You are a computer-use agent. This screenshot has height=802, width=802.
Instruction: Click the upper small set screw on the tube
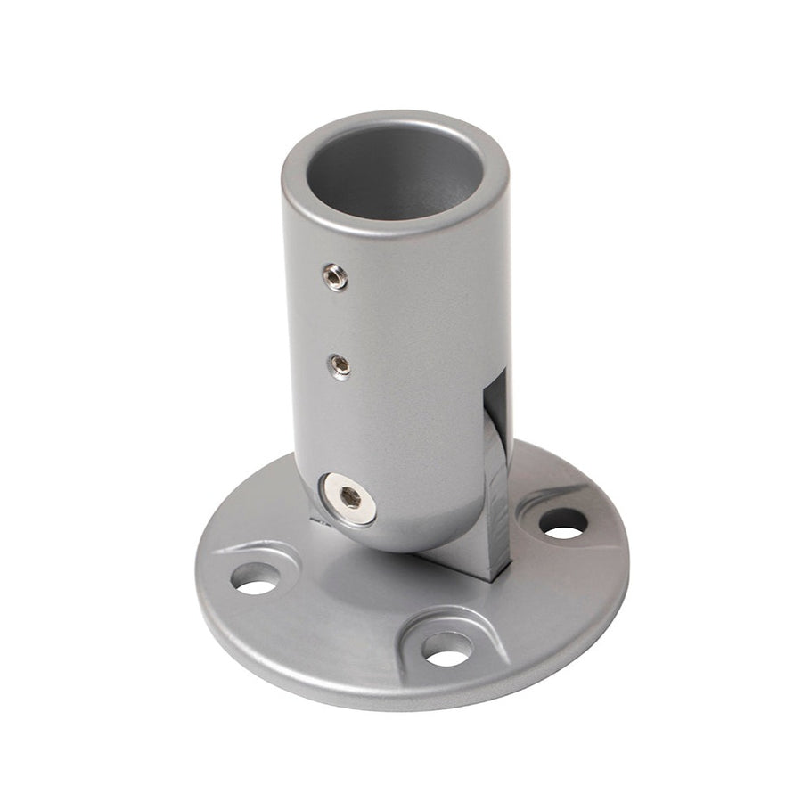tap(336, 277)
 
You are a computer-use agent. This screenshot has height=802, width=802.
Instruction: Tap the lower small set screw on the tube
tap(339, 365)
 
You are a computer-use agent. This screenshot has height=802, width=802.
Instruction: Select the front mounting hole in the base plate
tap(446, 649)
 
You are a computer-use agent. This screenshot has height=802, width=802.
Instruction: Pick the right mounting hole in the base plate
tap(563, 524)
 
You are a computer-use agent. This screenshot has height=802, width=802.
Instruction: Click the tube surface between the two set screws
tap(338, 321)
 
